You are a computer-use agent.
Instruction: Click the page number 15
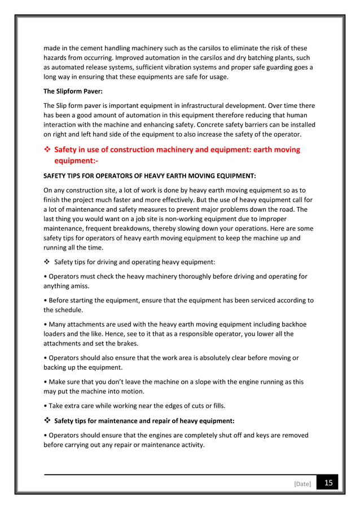coord(327,483)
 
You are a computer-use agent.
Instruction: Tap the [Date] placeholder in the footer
coord(302,484)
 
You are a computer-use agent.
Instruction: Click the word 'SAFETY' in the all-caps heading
coord(56,176)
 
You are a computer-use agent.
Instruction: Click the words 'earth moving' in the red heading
coord(274,150)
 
